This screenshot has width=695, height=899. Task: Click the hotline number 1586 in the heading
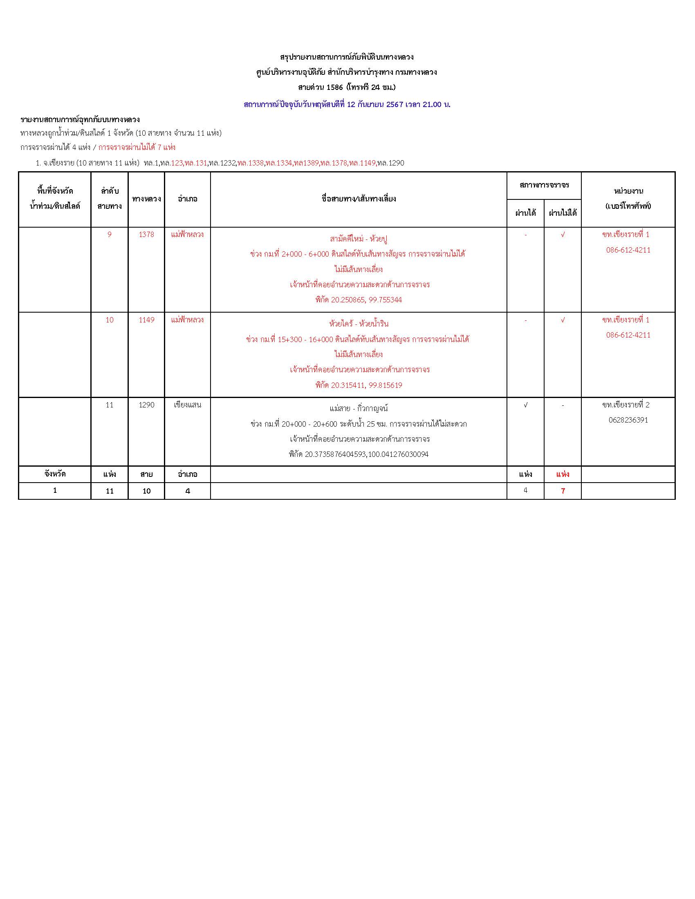point(334,87)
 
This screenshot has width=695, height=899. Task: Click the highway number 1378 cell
point(146,235)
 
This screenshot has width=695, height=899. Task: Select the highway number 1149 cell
point(146,320)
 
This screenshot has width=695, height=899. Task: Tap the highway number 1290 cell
point(146,405)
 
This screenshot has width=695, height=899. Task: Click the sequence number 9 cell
point(109,235)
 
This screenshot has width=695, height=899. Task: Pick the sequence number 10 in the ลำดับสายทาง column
point(109,320)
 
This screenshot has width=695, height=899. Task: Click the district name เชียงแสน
point(187,405)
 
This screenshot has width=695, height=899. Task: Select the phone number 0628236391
point(628,420)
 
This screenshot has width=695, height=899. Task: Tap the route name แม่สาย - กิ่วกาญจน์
point(359,409)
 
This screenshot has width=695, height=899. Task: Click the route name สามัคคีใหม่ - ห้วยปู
point(359,239)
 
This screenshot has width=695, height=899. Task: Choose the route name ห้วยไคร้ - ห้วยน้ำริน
point(359,324)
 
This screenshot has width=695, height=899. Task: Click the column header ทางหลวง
point(146,199)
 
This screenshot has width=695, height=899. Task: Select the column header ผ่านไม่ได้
point(563,213)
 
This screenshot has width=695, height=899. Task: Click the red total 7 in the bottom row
point(563,491)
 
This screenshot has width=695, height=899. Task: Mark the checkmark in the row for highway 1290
point(525,405)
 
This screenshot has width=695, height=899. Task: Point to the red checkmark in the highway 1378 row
point(563,235)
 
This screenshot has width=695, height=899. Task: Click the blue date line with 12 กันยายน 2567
point(347,105)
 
